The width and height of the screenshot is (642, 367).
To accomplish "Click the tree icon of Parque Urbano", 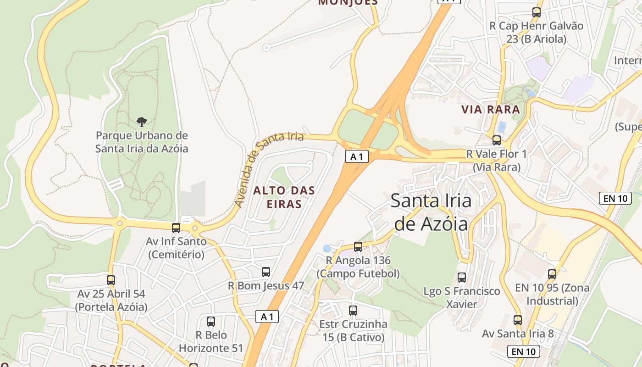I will tap(142, 122).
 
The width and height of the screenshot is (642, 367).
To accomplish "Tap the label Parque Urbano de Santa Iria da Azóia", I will tap(142, 142).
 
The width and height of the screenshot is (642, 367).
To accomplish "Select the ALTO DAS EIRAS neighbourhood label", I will tap(284, 197).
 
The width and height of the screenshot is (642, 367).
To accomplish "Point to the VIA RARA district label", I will tap(491, 110).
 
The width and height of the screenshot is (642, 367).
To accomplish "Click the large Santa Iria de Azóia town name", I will tap(431, 212).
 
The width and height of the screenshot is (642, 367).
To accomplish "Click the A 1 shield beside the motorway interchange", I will tap(357, 157).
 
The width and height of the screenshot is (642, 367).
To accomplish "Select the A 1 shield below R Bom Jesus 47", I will tap(267, 317).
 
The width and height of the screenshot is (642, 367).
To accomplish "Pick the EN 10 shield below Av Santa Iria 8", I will tap(523, 352).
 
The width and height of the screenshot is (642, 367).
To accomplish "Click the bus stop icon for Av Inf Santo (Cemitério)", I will tap(176, 228).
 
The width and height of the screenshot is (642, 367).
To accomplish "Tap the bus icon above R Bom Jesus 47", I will tap(266, 272).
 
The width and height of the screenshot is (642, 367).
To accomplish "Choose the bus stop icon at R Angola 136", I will tap(358, 247).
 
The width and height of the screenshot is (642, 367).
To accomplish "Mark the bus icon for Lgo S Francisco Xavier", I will tap(462, 277).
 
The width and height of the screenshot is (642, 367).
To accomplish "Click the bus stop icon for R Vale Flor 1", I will tap(497, 140).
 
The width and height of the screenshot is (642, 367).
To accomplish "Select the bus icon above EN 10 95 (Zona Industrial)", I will tap(552, 274).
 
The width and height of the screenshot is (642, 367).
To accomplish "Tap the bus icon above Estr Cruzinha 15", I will tap(353, 310).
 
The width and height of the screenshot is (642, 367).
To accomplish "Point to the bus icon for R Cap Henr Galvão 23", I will tap(536, 12).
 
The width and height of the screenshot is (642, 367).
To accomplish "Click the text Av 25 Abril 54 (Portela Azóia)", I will tap(111, 300).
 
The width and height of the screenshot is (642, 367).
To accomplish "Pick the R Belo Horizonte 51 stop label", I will tap(211, 342).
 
